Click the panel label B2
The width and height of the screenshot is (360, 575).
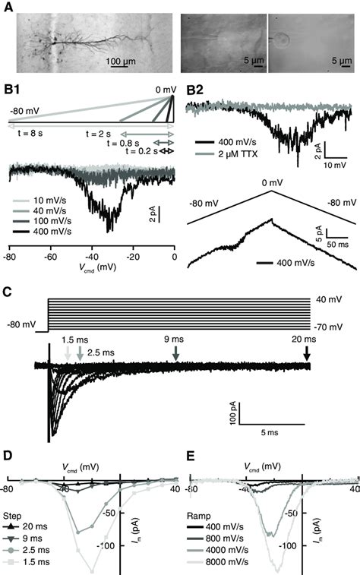(195, 92)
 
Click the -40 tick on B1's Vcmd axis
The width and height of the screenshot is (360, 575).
(93, 257)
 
